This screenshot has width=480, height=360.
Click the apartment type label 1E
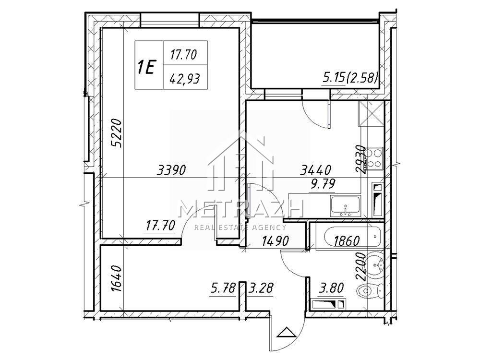click(147, 67)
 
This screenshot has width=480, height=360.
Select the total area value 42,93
click(185, 79)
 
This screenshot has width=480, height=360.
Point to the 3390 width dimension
click(171, 169)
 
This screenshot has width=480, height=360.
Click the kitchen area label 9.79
click(323, 184)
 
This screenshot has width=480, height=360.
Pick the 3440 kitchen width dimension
click(316, 170)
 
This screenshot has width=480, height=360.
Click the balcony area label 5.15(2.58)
click(350, 77)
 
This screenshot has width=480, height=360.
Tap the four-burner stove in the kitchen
click(374, 158)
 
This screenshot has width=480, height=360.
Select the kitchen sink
click(345, 206)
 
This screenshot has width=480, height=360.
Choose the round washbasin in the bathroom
click(374, 265)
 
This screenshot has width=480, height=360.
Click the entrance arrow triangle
click(285, 333)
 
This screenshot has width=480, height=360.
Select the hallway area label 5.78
click(223, 288)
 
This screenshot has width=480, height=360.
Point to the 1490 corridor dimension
click(275, 241)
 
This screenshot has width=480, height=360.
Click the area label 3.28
click(261, 288)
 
